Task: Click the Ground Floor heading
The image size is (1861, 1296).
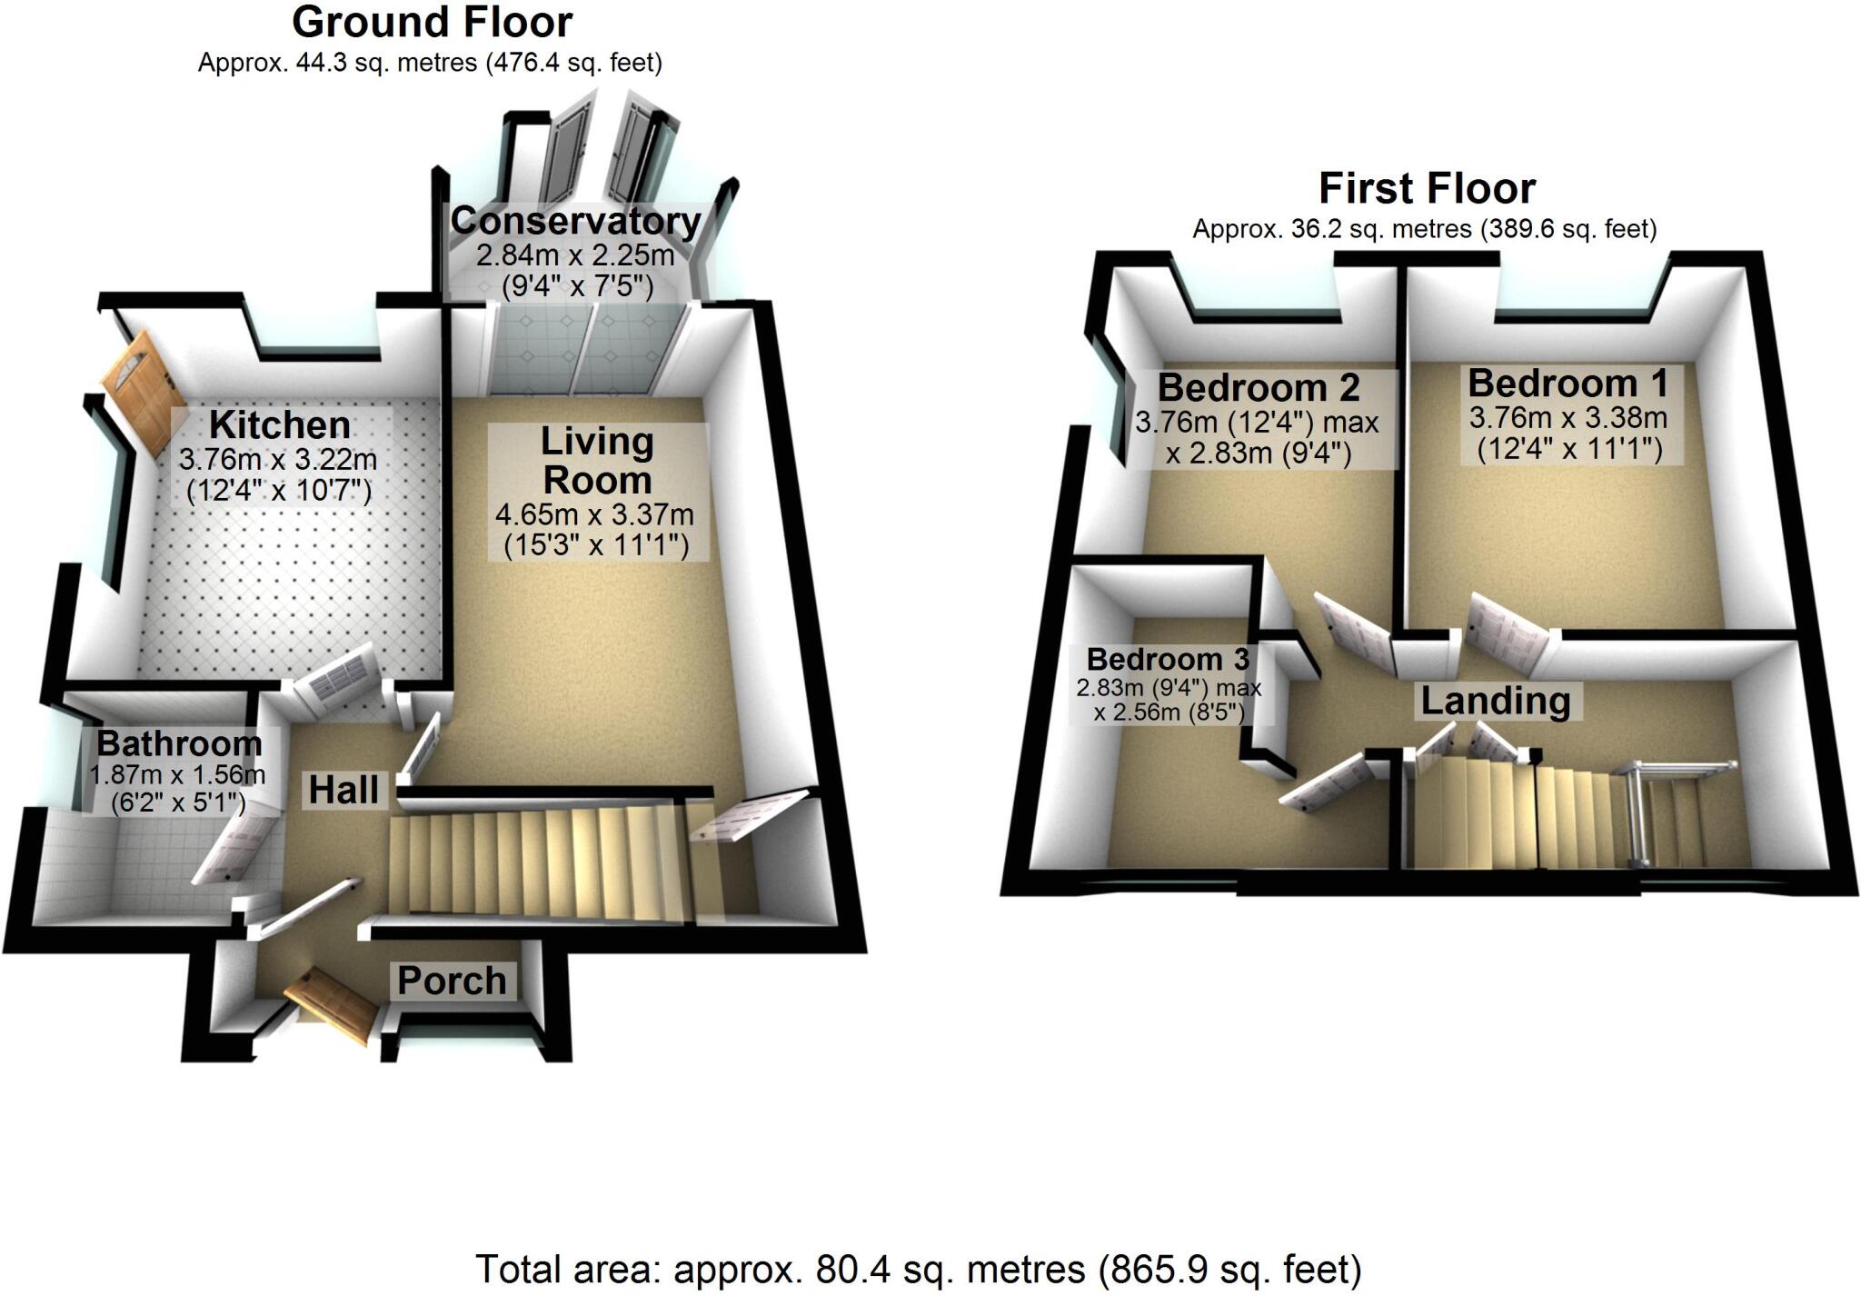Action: tap(432, 23)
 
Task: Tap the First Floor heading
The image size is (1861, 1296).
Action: tap(1427, 189)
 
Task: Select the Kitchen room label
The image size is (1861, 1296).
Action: tap(279, 425)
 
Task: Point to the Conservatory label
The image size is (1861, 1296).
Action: tap(575, 221)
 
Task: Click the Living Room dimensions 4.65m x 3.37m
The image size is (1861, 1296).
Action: tap(595, 515)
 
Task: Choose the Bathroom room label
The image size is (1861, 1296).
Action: tap(179, 743)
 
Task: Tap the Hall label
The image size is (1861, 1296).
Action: tap(343, 791)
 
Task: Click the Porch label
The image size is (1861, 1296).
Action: tap(452, 982)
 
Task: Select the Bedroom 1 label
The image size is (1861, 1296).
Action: tap(1567, 384)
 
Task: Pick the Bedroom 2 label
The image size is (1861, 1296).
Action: tap(1259, 388)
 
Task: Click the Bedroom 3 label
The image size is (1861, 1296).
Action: tap(1168, 659)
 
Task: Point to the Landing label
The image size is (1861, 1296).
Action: tap(1495, 702)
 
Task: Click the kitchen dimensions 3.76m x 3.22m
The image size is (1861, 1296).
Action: tap(278, 460)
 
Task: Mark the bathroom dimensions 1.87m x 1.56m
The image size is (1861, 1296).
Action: tap(177, 775)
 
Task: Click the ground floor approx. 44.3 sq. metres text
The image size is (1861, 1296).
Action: tap(430, 63)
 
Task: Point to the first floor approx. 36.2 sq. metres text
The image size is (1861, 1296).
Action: tap(1424, 229)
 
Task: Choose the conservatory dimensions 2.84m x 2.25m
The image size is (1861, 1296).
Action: tap(575, 255)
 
